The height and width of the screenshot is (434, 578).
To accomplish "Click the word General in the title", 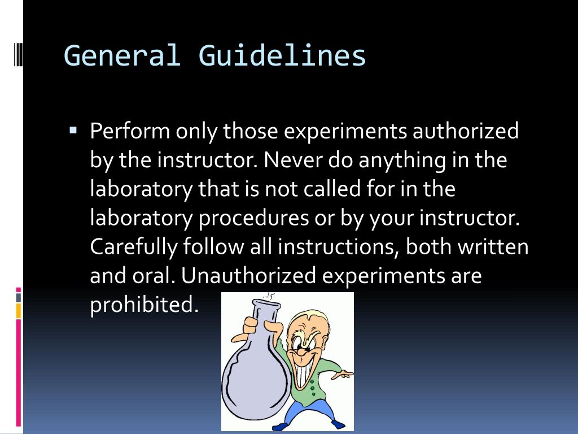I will [121, 56].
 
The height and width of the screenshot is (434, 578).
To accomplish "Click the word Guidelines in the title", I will [282, 56].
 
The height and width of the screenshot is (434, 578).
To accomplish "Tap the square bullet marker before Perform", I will [73, 129].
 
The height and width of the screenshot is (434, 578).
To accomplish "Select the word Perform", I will [130, 131].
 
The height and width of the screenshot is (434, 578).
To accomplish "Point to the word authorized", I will [466, 131].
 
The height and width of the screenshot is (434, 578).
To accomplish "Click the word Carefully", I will [133, 248].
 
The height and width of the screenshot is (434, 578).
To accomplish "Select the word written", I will [493, 247].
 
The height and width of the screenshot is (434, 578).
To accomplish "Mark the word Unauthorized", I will [249, 276].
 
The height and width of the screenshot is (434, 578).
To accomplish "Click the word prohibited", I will [144, 305].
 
